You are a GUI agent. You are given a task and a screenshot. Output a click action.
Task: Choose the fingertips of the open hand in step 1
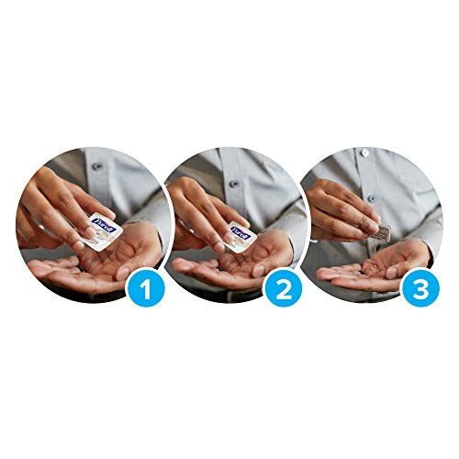coord(41,268)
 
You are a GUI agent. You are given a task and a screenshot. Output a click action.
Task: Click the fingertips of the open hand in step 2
coord(182,268)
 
